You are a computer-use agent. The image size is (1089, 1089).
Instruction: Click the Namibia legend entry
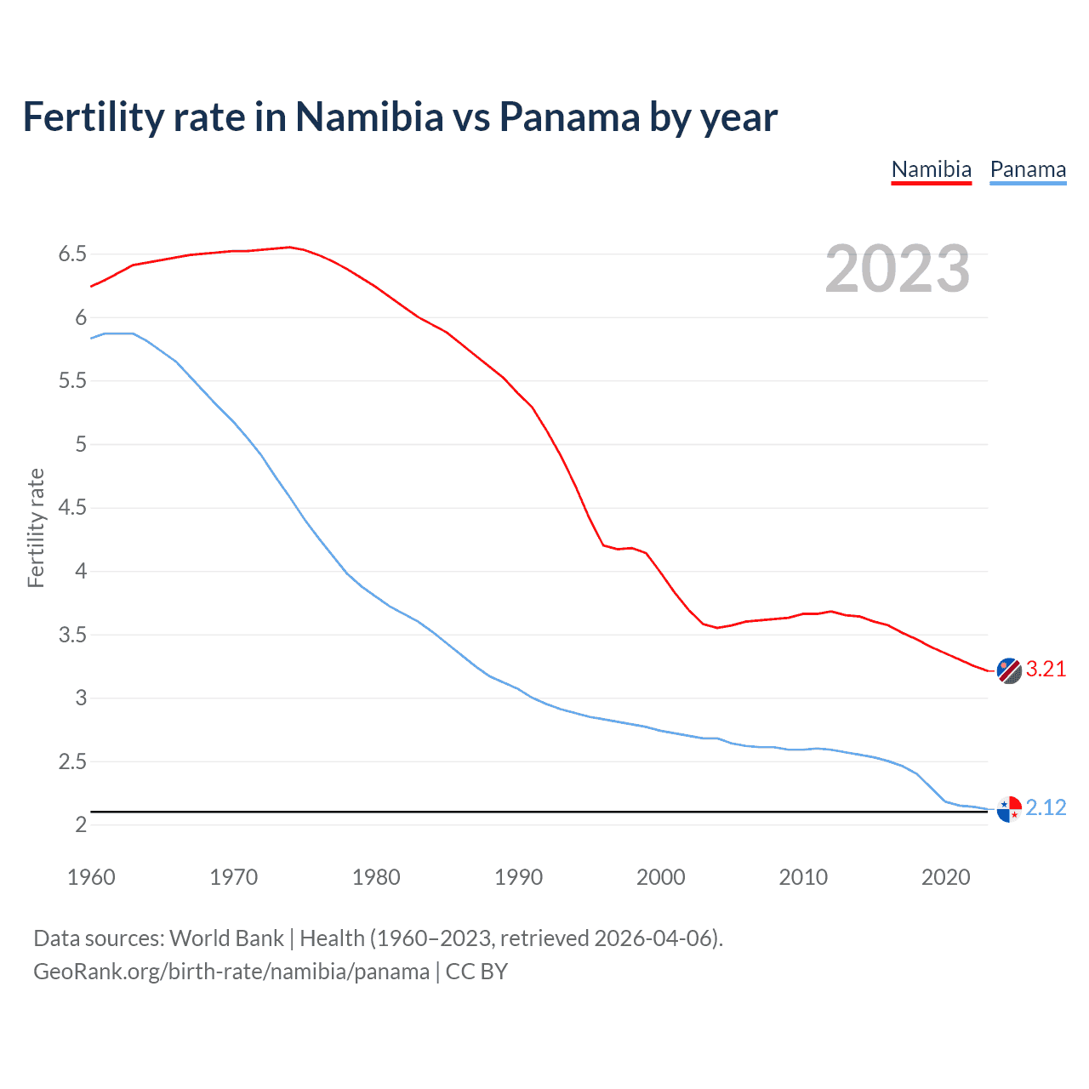click(x=931, y=169)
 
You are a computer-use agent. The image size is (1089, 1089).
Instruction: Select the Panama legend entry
click(x=1028, y=169)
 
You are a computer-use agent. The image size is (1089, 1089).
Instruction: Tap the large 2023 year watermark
click(x=897, y=269)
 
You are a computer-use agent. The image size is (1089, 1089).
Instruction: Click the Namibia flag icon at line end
click(x=1008, y=670)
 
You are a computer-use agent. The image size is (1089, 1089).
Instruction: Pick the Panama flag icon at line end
click(x=1008, y=809)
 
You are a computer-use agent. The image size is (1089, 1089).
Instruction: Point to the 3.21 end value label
click(x=1046, y=670)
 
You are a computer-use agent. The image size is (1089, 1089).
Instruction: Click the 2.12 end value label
click(x=1046, y=807)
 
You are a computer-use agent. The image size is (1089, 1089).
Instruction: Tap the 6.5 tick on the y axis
click(x=72, y=254)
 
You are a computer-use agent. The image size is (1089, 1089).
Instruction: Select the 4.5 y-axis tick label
click(x=72, y=508)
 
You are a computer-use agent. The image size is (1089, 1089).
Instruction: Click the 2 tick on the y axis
click(x=81, y=825)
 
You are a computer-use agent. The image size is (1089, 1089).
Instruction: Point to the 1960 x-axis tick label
click(x=91, y=877)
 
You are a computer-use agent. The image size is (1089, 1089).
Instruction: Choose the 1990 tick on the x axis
click(x=518, y=877)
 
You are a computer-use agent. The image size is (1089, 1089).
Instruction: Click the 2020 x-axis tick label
click(x=945, y=877)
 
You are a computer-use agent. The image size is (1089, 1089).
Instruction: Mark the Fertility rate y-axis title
click(x=36, y=527)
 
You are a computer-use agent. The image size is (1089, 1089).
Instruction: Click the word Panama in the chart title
click(x=568, y=117)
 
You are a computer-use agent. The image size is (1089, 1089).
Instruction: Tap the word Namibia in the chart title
click(x=369, y=117)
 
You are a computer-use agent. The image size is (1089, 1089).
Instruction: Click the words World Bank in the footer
click(x=226, y=938)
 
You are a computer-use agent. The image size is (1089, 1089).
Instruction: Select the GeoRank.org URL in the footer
click(x=231, y=972)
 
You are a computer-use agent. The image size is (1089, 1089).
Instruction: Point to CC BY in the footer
click(x=476, y=972)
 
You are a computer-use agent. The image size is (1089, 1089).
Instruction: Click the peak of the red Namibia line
click(x=289, y=247)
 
